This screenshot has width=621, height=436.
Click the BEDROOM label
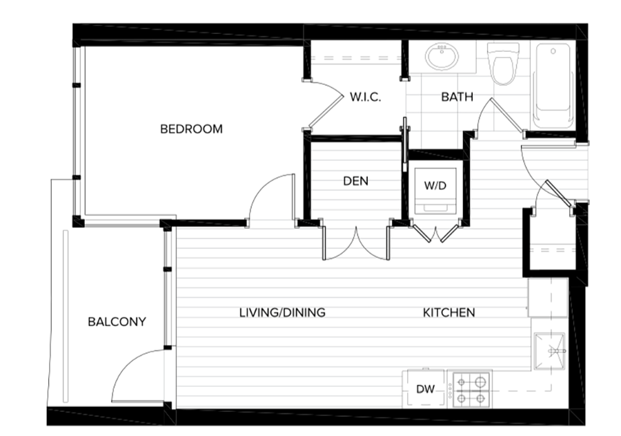191,129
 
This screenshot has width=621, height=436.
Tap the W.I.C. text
366,97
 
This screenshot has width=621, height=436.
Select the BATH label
457,97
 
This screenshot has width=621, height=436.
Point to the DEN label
355,181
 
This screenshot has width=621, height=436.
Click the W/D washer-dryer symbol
435,191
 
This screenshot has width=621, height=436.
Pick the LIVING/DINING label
282,312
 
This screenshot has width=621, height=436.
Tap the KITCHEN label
448,312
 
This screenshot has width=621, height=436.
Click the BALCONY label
117,322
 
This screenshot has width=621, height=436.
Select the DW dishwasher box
425,389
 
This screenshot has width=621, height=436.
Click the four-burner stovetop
471,390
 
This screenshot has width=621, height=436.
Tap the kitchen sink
549,351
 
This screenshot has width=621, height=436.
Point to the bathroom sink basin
442,57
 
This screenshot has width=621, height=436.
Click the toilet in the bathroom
503,63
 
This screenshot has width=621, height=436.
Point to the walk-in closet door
325,104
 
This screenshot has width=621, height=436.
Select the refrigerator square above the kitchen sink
548,297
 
